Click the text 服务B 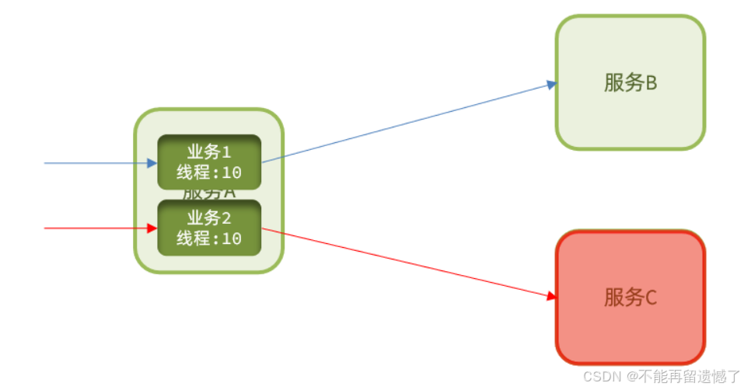pyautogui.click(x=630, y=83)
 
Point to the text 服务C pyautogui.click(x=630, y=297)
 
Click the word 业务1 pyautogui.click(x=209, y=151)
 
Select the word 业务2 pyautogui.click(x=209, y=217)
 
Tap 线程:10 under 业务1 pyautogui.click(x=209, y=173)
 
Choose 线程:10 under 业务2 pyautogui.click(x=209, y=239)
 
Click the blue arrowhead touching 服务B pyautogui.click(x=552, y=84)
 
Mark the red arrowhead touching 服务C pyautogui.click(x=552, y=296)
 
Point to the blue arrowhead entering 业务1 pyautogui.click(x=152, y=163)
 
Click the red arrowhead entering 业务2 pyautogui.click(x=152, y=228)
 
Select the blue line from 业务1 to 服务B pyautogui.click(x=404, y=124)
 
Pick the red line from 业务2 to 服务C pyautogui.click(x=404, y=262)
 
